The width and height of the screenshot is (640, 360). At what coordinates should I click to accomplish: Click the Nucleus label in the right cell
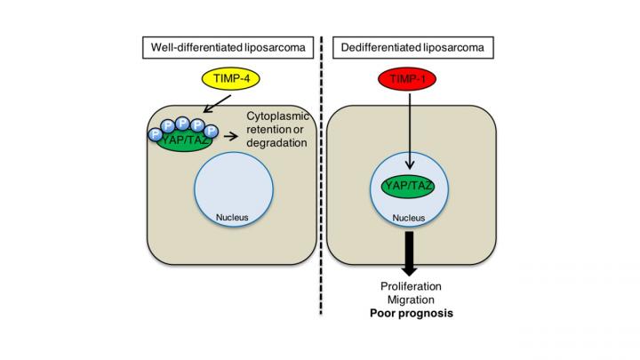[x=410, y=214]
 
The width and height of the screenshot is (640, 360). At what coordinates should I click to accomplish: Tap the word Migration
[x=409, y=300]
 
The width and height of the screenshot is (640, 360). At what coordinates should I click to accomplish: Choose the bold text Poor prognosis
[x=409, y=315]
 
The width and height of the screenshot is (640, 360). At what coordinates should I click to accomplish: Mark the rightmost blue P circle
[x=211, y=132]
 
